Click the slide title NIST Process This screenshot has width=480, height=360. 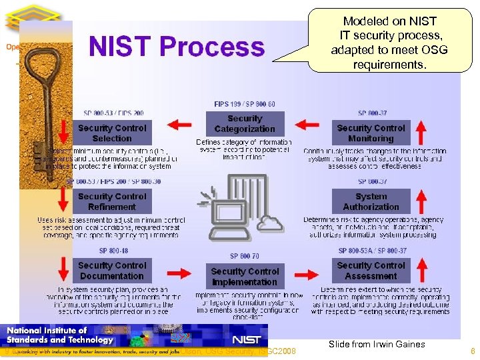point(177,47)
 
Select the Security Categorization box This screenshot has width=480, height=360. point(245,123)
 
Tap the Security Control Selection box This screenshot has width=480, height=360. point(112,133)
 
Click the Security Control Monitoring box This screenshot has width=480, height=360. point(371,133)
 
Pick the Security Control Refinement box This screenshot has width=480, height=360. point(112,201)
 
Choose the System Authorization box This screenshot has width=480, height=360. point(371,201)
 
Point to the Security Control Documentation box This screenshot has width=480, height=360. point(112,270)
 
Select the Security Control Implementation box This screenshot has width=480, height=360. point(245,276)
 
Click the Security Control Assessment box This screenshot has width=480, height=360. point(371,270)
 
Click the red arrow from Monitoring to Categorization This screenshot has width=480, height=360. point(307,123)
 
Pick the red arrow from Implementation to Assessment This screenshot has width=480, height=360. point(307,272)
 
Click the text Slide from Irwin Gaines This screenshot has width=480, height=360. point(377,344)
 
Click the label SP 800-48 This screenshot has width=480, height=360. point(112,251)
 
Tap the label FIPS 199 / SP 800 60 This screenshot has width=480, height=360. point(245,104)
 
